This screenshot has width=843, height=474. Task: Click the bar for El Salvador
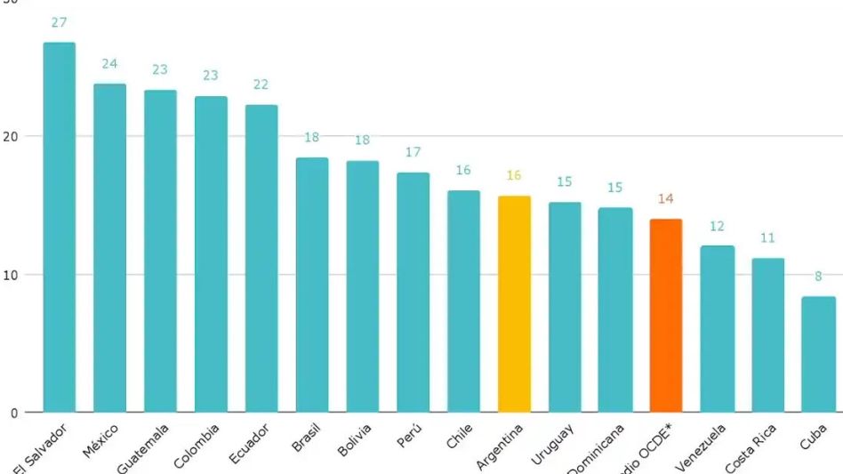(60, 227)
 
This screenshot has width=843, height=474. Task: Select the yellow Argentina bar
(514, 303)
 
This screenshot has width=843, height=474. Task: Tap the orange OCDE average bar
(666, 315)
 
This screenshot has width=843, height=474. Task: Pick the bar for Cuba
(818, 354)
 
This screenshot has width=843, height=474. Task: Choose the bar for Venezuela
(717, 328)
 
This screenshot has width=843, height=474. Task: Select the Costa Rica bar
(767, 334)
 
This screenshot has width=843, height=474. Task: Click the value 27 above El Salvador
(60, 22)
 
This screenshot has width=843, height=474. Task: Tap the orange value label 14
(666, 199)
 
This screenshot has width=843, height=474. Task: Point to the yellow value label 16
(514, 175)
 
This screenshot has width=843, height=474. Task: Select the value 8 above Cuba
(818, 277)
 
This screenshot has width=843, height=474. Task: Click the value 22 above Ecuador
(261, 84)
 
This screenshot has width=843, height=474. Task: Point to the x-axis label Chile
(461, 438)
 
